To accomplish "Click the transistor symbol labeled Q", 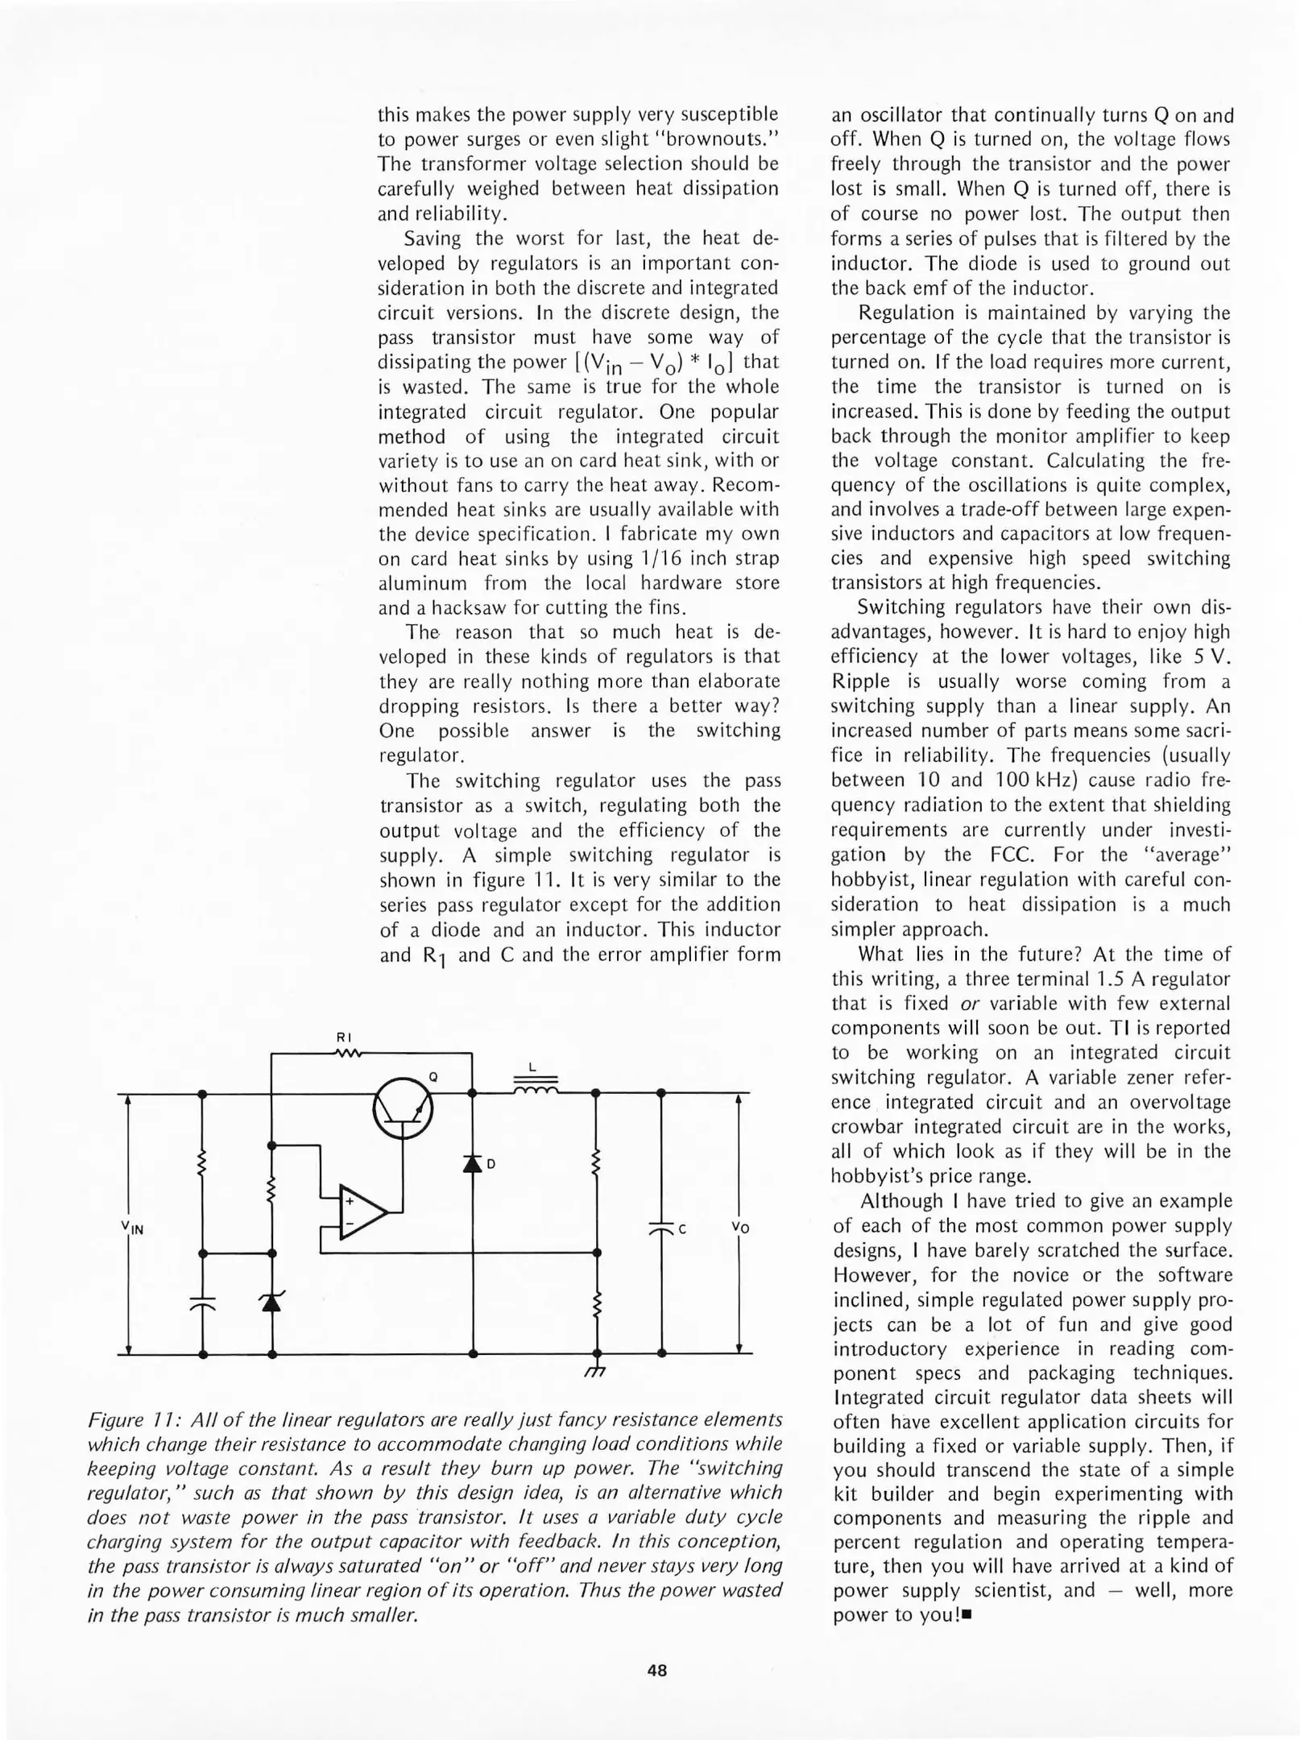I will [x=403, y=1110].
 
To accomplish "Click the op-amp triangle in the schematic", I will [x=362, y=1212].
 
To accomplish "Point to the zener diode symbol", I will [x=272, y=1301].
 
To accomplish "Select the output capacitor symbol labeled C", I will [x=661, y=1229].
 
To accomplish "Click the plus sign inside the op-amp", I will [x=350, y=1201].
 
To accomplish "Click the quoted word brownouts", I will [x=716, y=139].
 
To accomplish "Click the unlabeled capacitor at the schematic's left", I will [x=202, y=1304].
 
